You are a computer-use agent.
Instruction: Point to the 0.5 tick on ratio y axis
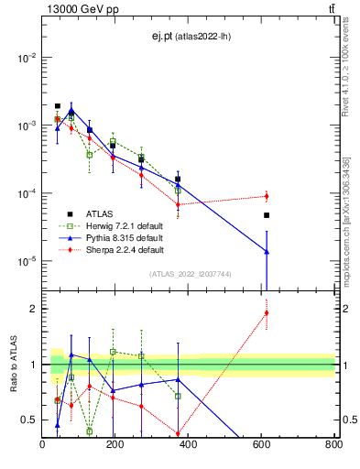[x=28, y=420]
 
